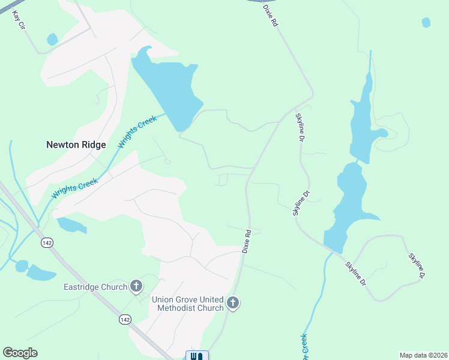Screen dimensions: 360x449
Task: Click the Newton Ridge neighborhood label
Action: (x=76, y=145)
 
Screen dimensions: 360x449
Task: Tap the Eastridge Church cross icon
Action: (x=136, y=287)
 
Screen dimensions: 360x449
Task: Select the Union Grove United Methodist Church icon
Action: (x=233, y=304)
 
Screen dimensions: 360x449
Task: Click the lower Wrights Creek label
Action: (x=74, y=188)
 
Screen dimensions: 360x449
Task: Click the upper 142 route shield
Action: (x=47, y=243)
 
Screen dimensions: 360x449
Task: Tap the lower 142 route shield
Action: (x=125, y=320)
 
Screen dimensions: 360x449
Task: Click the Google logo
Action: (x=20, y=353)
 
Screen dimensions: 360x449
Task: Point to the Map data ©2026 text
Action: (x=423, y=355)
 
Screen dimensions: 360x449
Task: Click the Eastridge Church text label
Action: (x=95, y=287)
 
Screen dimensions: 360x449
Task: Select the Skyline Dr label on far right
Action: (x=416, y=266)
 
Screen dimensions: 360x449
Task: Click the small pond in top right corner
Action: (x=426, y=23)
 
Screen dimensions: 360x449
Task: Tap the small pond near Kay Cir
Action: (x=52, y=40)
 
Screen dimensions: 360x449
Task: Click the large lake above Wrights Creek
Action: (x=168, y=87)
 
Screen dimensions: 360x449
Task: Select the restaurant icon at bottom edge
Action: (x=197, y=356)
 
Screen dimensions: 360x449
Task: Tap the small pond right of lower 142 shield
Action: (x=71, y=226)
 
